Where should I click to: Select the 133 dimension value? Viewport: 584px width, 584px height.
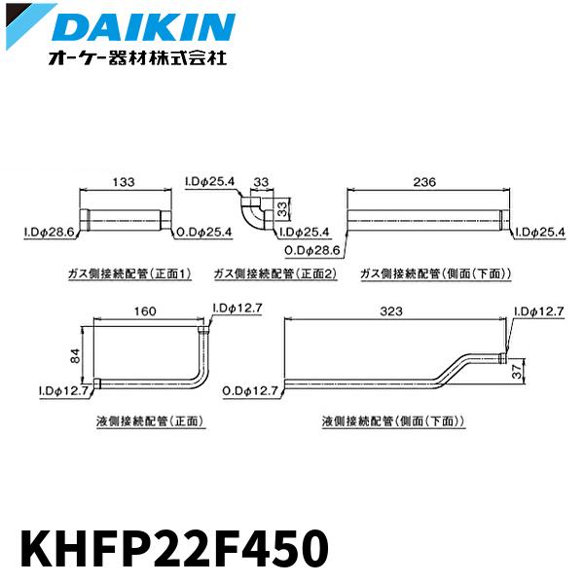click(124, 182)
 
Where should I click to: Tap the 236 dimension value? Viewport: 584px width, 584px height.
click(424, 182)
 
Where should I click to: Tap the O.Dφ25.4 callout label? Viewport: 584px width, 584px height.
click(207, 233)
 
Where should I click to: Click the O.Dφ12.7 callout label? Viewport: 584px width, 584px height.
click(251, 389)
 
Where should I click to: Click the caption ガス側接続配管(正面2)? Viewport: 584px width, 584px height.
click(274, 274)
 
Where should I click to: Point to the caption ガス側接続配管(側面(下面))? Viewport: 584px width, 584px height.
click(435, 274)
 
